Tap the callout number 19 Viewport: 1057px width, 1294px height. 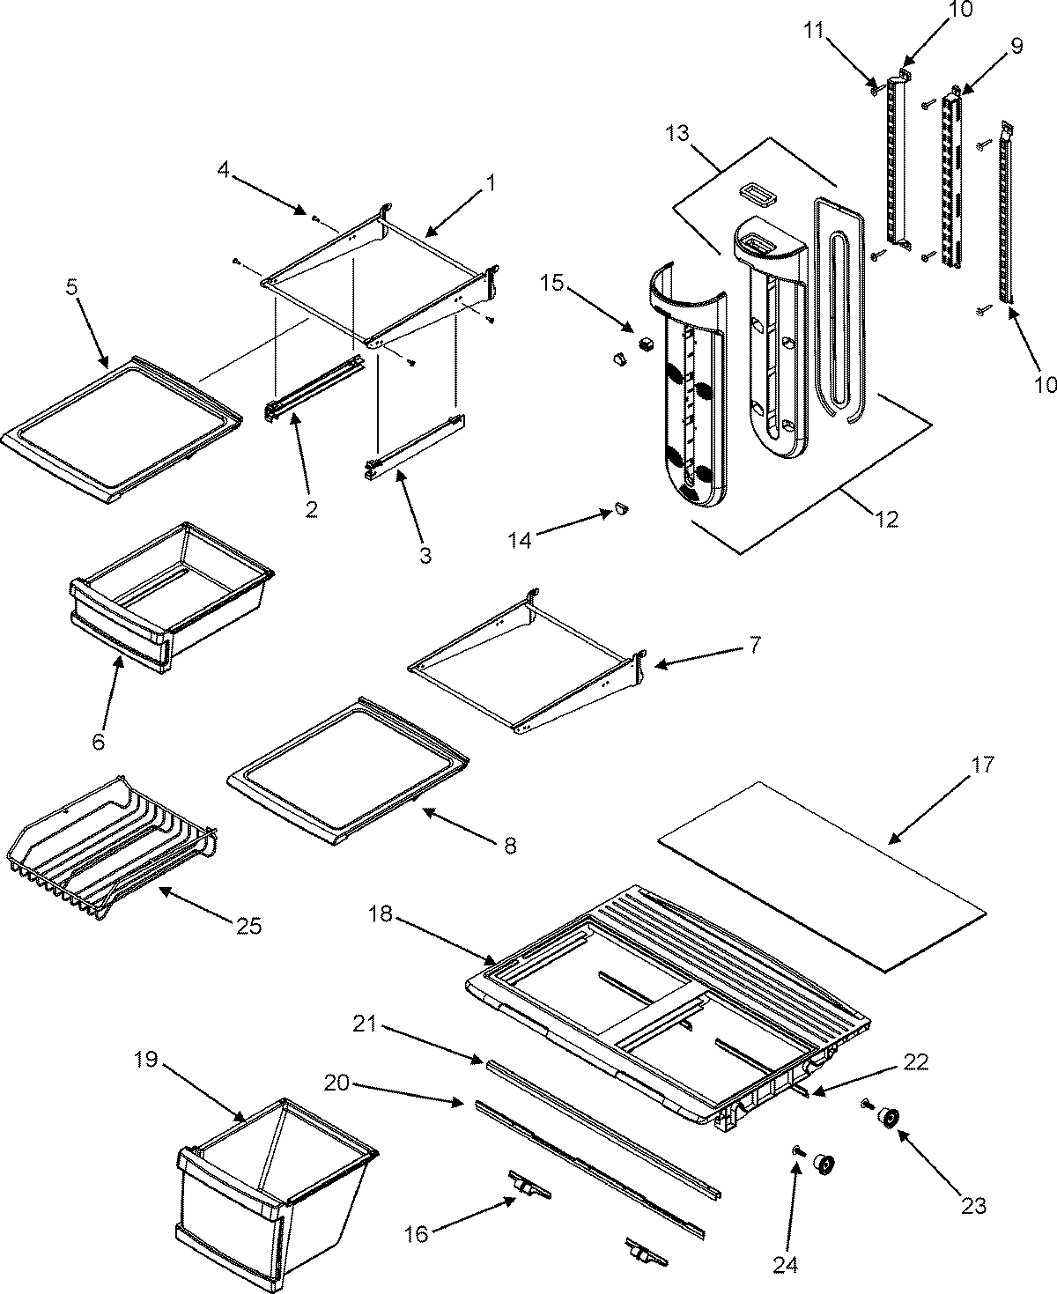(146, 1060)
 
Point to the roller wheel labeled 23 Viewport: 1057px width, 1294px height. (887, 1119)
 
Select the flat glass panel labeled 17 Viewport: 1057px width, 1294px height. (819, 876)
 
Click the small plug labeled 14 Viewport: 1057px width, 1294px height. (619, 508)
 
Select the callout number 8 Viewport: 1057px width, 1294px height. (509, 846)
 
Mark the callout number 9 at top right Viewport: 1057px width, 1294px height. (1016, 47)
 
